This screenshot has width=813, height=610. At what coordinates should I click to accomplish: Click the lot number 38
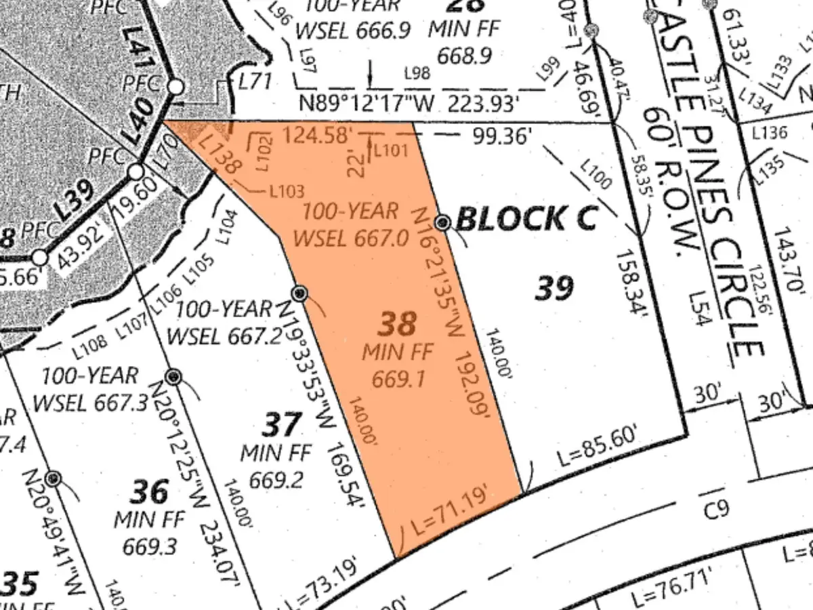pyautogui.click(x=396, y=324)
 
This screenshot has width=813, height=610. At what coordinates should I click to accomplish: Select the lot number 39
pyautogui.click(x=555, y=287)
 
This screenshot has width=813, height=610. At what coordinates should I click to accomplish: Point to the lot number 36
pyautogui.click(x=150, y=491)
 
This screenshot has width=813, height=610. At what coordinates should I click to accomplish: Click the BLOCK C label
pyautogui.click(x=526, y=219)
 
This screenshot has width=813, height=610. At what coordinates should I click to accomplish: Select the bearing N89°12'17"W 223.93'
pyautogui.click(x=411, y=104)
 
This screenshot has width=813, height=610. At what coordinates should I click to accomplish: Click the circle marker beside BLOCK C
pyautogui.click(x=443, y=222)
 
